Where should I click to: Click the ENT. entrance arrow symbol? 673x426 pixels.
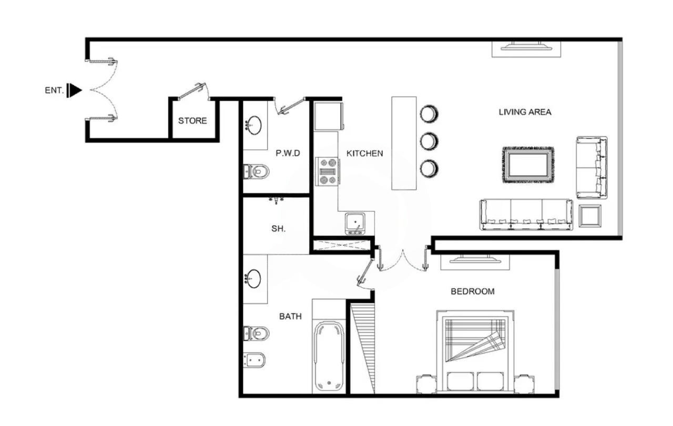(x=74, y=90)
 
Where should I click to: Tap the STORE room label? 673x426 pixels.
(x=192, y=121)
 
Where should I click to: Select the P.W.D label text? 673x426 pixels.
(x=288, y=153)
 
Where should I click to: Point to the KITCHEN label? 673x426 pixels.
(x=365, y=154)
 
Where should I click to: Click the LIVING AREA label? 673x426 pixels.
(x=525, y=112)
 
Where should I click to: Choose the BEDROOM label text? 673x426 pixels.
(x=473, y=291)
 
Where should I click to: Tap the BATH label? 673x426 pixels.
(x=290, y=317)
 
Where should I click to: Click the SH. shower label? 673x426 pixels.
(x=278, y=229)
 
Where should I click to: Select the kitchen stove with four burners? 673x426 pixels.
(x=327, y=171)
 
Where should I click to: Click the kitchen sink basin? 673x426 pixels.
(x=355, y=222)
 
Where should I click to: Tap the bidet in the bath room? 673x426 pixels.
(x=254, y=360)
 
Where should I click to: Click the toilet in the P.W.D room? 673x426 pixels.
(x=256, y=171)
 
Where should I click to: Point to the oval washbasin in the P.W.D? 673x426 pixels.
(x=254, y=125)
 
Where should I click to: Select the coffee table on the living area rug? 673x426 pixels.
(x=528, y=165)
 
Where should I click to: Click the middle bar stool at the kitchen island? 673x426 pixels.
(x=429, y=141)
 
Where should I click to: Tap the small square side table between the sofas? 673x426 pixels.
(x=590, y=216)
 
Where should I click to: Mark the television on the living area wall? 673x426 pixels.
(x=526, y=47)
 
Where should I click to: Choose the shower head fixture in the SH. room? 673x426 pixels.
(x=277, y=200)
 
